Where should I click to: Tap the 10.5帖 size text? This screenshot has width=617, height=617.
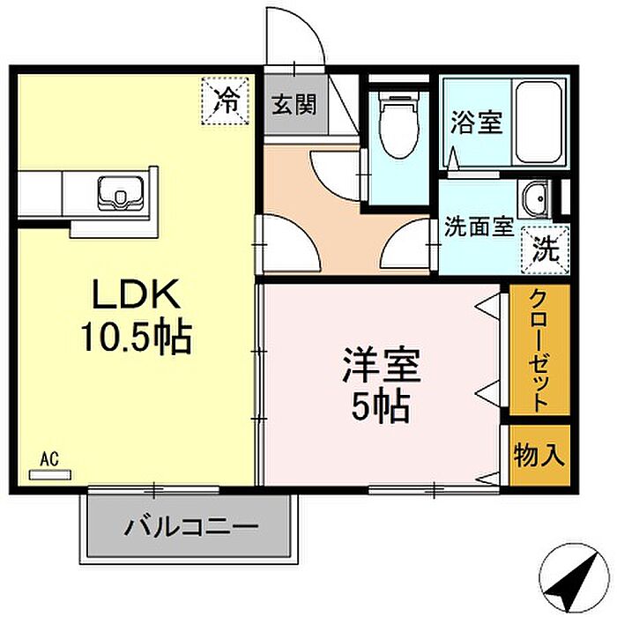tap(136, 335)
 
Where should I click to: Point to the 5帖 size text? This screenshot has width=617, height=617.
tap(381, 405)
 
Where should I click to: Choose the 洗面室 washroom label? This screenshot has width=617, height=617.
tap(478, 227)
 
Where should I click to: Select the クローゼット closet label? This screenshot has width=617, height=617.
tap(539, 350)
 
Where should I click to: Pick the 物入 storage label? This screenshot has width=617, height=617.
tap(539, 456)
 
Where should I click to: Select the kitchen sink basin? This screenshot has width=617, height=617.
tap(120, 191)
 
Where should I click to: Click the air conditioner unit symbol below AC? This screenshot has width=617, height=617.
tap(49, 474)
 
